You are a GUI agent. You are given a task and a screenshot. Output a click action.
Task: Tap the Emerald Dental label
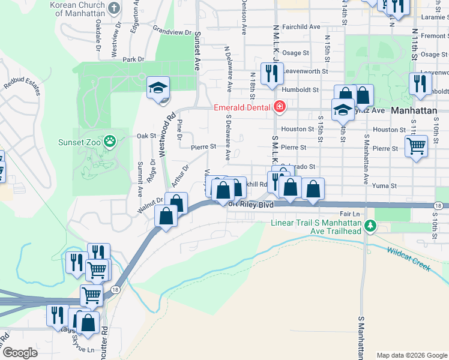243,108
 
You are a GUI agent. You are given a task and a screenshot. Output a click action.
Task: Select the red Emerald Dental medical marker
279,108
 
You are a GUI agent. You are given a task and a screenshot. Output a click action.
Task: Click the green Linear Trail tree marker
371,226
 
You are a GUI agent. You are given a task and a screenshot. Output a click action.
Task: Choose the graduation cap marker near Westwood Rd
158,89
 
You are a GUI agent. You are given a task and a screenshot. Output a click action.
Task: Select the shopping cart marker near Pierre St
416,146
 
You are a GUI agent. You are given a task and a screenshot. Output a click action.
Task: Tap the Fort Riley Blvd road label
250,205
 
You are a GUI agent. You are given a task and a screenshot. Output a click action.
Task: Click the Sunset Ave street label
197,52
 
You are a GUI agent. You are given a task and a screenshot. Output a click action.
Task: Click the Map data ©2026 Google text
411,355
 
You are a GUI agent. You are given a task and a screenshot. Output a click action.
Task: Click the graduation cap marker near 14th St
343,110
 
